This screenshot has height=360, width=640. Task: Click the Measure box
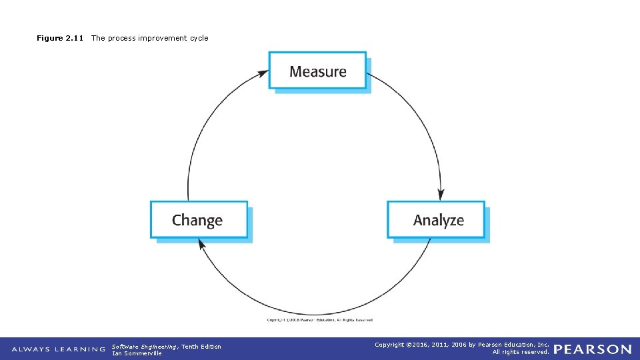317,71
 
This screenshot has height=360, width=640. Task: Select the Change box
199,220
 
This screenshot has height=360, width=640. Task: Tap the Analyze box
437,220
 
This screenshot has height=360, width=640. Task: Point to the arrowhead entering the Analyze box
441,195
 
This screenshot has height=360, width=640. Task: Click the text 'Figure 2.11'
60,38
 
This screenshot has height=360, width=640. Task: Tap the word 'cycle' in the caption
199,38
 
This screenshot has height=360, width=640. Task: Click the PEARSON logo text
593,349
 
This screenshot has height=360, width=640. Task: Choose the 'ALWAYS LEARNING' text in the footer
59,349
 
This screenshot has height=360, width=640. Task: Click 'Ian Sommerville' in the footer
137,353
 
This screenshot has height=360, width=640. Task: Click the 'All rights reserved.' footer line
521,352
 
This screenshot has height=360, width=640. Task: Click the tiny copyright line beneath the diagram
320,320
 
